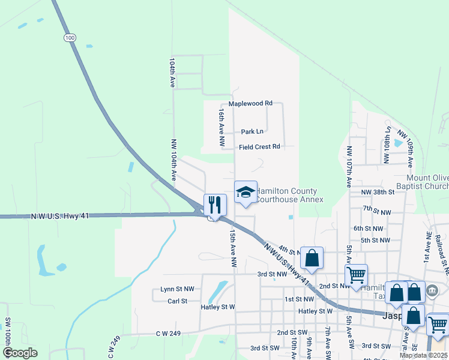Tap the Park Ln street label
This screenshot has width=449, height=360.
252,131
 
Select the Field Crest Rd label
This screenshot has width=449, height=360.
259,146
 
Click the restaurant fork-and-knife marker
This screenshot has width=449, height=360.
214,205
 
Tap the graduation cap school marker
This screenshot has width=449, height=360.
245,192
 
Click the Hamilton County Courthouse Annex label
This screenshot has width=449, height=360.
288,195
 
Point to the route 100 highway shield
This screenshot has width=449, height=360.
70,38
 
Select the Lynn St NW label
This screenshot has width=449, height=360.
177,289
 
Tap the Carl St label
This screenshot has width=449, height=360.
178,301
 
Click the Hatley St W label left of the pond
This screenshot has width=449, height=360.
218,307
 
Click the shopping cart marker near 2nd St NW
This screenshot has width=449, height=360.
356,275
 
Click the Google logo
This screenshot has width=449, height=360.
20,353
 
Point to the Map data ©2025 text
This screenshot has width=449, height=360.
423,355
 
